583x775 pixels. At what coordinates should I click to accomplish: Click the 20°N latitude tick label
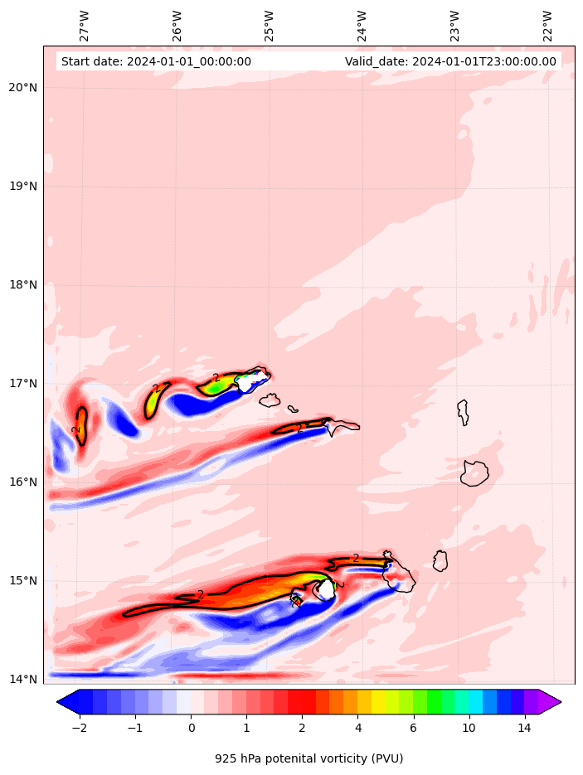click(x=22, y=88)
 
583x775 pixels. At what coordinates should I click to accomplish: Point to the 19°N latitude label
click(x=22, y=186)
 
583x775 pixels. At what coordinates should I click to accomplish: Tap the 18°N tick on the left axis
click(x=22, y=285)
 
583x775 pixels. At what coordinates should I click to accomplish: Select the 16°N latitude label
click(x=22, y=482)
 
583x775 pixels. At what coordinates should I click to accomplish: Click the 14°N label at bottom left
click(x=22, y=680)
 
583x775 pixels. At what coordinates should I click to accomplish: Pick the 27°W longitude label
click(x=85, y=26)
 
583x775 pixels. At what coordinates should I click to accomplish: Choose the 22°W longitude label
click(x=548, y=26)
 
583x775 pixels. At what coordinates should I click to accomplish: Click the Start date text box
click(x=156, y=61)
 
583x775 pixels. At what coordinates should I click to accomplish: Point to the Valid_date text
click(x=450, y=61)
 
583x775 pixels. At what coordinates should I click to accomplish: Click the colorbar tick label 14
click(x=523, y=728)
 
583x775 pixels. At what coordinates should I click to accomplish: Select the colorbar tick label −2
click(x=80, y=728)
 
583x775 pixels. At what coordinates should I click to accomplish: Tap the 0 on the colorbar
click(x=191, y=728)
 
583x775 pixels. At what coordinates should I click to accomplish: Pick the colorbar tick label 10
click(x=469, y=728)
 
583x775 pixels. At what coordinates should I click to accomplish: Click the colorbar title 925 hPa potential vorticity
click(x=309, y=758)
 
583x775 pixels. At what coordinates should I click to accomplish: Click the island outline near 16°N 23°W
click(x=474, y=473)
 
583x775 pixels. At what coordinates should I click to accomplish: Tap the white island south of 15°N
click(x=325, y=589)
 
